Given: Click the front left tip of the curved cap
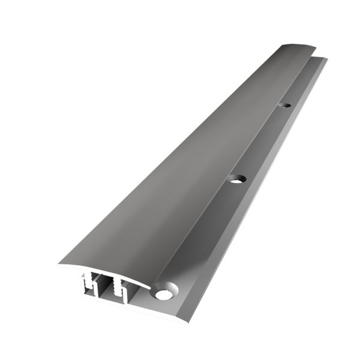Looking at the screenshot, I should (x=60, y=265).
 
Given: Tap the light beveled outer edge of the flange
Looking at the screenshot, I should (x=252, y=198).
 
